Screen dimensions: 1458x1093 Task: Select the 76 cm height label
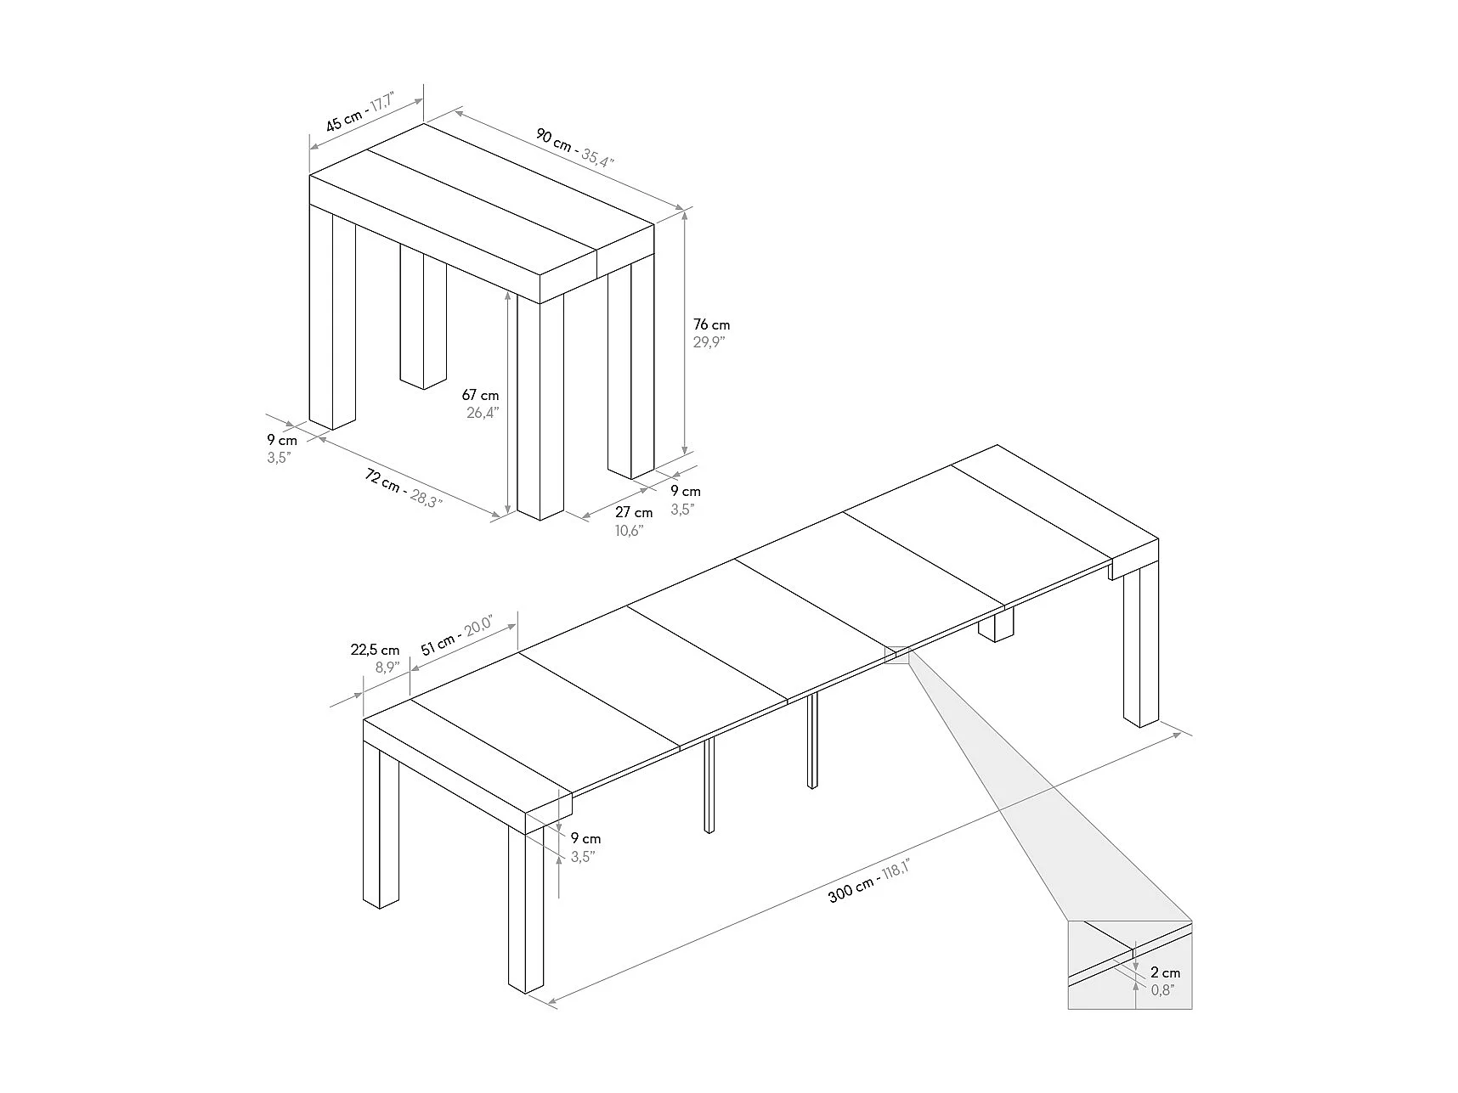(711, 324)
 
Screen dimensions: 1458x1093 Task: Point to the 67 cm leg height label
(480, 395)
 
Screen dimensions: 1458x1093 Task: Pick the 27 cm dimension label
(634, 512)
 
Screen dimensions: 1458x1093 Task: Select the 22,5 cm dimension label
(375, 651)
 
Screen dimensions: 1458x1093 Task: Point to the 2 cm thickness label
(1166, 973)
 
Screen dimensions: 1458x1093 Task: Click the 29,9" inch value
(709, 342)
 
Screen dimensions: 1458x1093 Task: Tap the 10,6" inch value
(630, 531)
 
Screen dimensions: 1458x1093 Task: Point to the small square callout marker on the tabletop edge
(898, 655)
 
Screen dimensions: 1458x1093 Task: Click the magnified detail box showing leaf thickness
(1130, 965)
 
